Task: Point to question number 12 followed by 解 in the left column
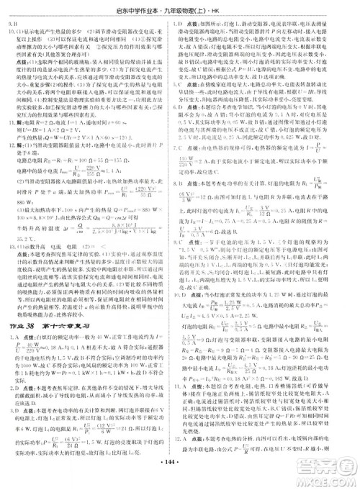12,142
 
